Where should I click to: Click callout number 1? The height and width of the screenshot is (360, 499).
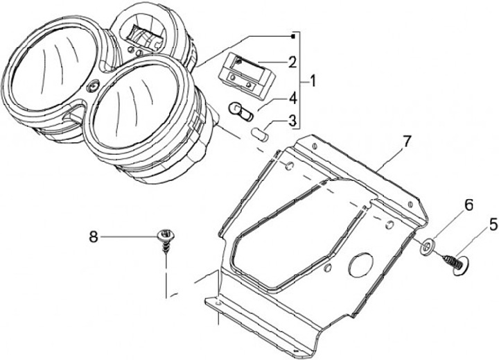click(x=313, y=83)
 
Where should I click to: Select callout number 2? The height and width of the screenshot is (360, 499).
click(x=292, y=62)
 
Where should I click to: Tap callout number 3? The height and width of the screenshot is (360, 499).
click(x=292, y=121)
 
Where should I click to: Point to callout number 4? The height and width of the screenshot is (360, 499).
click(x=292, y=98)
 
